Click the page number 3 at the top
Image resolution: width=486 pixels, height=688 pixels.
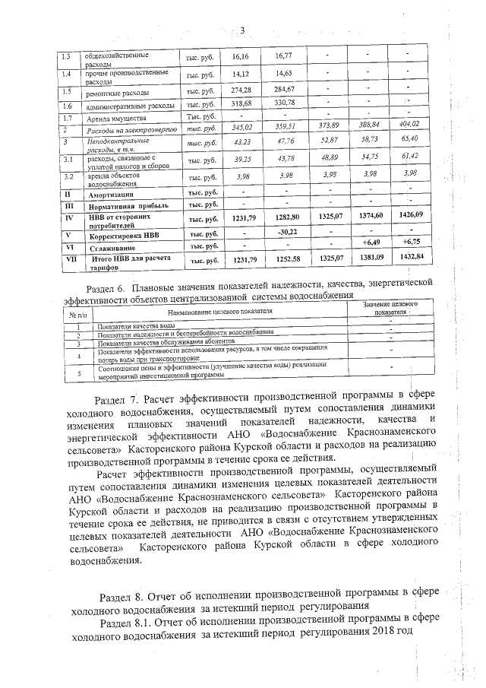[243, 31]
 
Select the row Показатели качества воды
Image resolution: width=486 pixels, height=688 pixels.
[134, 325]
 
